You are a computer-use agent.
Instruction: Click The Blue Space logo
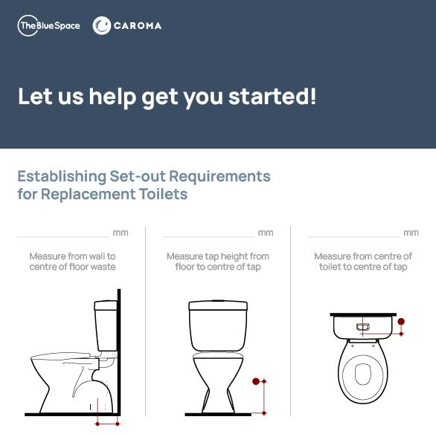48,25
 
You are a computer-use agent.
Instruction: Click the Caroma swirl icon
102,25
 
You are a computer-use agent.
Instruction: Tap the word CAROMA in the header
138,26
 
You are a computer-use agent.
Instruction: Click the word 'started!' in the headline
272,96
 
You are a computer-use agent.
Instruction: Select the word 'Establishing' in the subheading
62,176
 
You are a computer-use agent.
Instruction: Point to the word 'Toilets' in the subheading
163,194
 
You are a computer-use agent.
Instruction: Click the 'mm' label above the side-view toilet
121,233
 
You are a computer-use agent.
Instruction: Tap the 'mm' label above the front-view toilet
266,233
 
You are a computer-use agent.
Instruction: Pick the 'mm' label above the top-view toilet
411,233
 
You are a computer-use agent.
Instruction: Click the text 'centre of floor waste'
73,267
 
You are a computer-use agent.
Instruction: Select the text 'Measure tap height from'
218,256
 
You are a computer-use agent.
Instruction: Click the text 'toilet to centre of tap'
363,267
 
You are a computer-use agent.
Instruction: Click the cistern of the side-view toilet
106,325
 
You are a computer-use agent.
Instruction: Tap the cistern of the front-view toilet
218,325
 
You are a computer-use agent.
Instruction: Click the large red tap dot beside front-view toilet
256,381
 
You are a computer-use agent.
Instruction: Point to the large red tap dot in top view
401,322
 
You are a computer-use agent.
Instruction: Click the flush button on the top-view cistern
363,326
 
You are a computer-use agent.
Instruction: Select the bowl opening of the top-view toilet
363,375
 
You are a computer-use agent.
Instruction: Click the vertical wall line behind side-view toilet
119,352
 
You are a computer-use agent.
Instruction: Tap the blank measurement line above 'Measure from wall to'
63,237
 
